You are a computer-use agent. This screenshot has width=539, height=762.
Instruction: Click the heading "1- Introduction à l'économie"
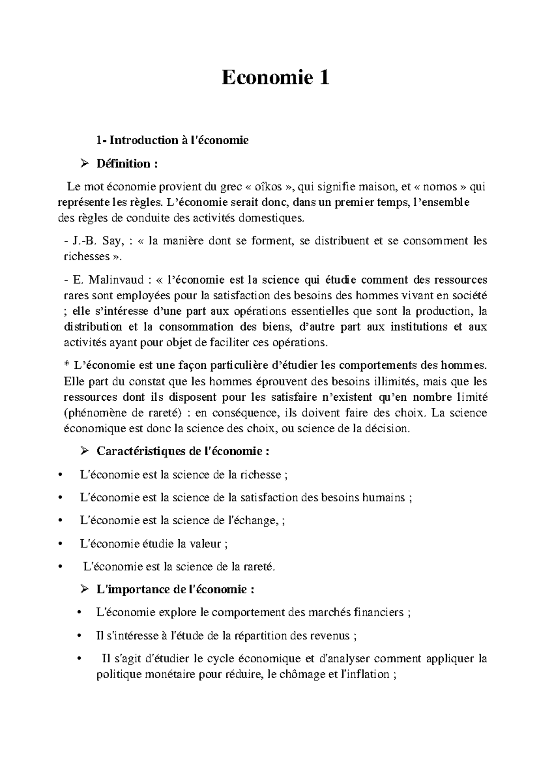[172, 141]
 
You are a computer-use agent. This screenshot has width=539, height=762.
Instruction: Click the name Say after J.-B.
[112, 241]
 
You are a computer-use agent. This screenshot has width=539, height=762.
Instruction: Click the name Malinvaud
[115, 280]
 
